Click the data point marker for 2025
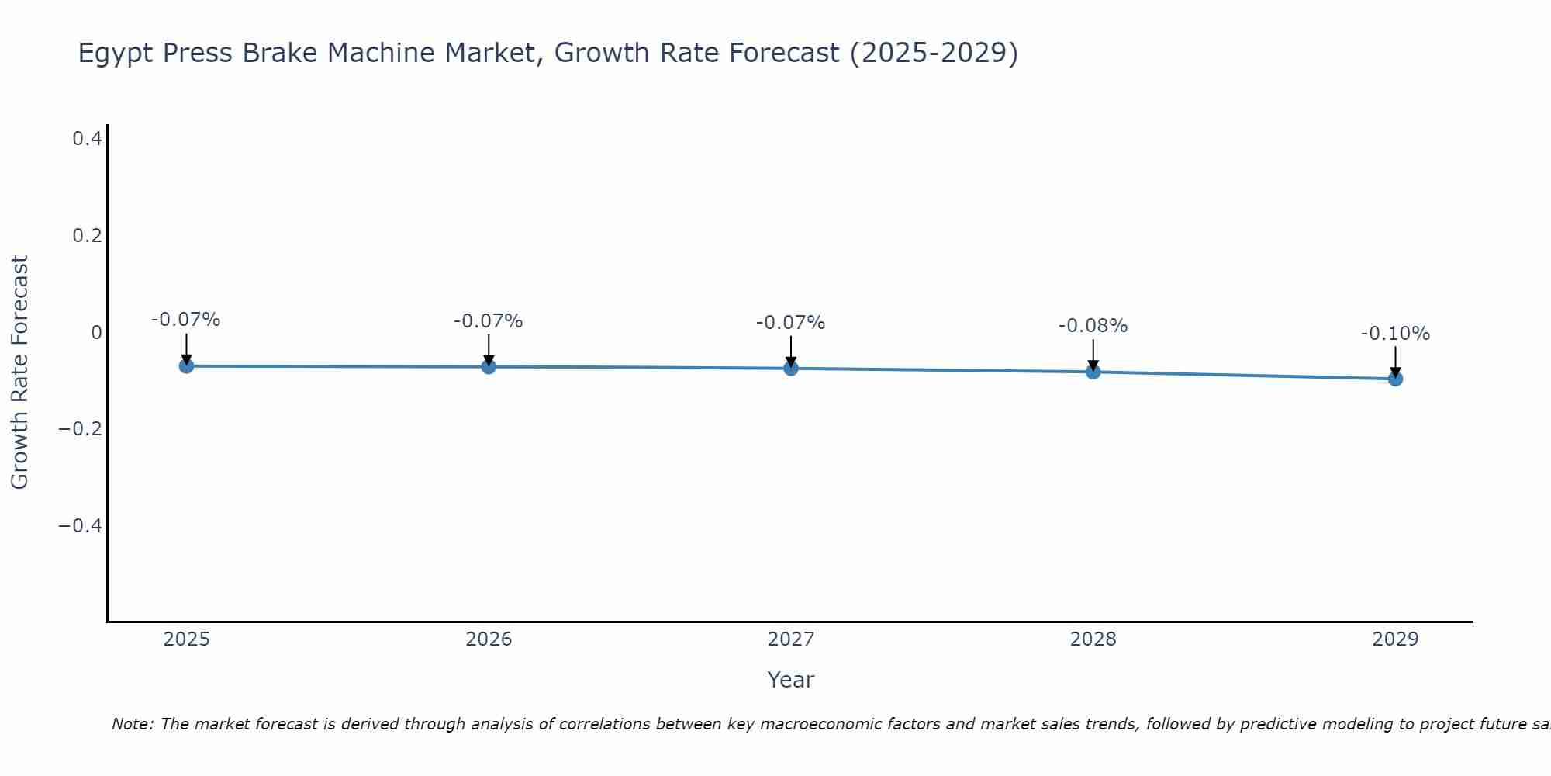(x=186, y=365)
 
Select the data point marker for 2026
(x=489, y=366)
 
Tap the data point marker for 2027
(x=791, y=368)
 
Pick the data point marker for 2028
(x=1093, y=372)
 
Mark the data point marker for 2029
(x=1395, y=379)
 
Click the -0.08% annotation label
(x=1093, y=326)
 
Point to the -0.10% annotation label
(x=1395, y=334)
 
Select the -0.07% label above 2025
(x=186, y=320)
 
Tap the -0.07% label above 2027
(x=791, y=323)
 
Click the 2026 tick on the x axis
(x=489, y=639)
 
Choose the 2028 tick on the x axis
(x=1093, y=639)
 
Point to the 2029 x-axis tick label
(x=1395, y=639)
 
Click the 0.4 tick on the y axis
(x=88, y=139)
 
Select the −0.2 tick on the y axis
(x=81, y=429)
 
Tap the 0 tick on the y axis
(x=96, y=333)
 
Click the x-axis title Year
(x=790, y=680)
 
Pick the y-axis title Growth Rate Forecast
(x=19, y=372)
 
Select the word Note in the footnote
(x=133, y=724)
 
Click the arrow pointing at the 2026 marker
(x=489, y=349)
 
